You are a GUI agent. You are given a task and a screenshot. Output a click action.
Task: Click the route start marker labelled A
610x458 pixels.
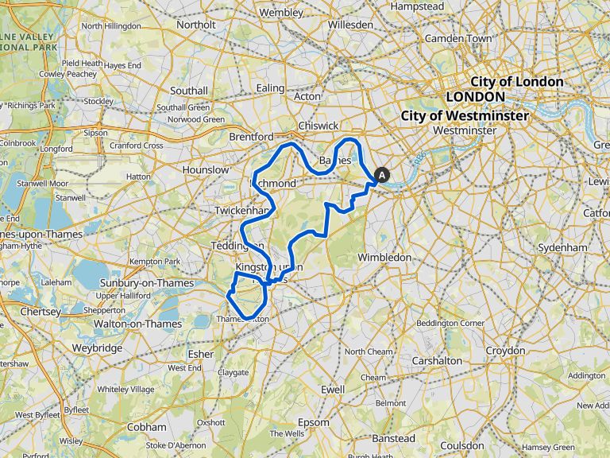coord(382,176)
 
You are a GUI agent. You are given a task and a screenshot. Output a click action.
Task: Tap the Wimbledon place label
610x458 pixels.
coord(384,258)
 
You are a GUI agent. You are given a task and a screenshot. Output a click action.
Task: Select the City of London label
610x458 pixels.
coord(517,82)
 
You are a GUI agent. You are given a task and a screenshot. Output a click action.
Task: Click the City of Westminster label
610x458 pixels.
coord(465,116)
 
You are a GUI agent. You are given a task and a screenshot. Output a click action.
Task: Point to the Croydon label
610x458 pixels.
coord(505,351)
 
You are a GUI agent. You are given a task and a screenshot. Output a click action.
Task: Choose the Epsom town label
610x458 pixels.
coord(314,422)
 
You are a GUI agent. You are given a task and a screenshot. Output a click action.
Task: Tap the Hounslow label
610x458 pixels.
coord(205,170)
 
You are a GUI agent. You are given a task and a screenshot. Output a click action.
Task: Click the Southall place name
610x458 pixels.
coord(188,91)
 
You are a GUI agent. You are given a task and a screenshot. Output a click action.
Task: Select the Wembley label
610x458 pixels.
coord(281,14)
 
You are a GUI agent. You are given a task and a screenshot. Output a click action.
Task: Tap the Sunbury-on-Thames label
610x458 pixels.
coord(140,284)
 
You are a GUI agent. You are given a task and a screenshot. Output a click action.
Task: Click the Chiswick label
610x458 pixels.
coord(319,126)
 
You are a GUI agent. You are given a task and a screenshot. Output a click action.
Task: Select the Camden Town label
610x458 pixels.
coord(458,38)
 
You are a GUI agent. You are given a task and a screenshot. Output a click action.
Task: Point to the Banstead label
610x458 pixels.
coord(393,439)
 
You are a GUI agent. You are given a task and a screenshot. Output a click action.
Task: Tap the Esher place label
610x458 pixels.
coord(201,354)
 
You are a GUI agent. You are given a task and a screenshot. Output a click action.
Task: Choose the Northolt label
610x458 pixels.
coord(195,25)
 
